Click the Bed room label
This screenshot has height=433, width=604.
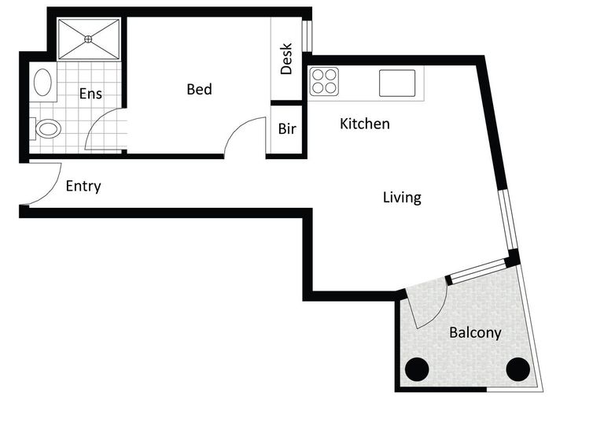[199, 89]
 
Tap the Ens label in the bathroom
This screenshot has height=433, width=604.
[90, 94]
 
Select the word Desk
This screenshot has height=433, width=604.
[286, 58]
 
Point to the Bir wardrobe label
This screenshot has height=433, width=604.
[287, 128]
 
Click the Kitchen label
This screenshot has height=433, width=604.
[365, 124]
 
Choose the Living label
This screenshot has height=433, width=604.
[402, 197]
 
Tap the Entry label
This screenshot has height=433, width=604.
[83, 186]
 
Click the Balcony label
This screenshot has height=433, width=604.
[475, 332]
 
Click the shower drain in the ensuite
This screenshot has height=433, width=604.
[88, 39]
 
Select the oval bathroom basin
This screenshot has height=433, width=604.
[42, 82]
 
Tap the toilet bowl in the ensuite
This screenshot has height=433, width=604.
[48, 128]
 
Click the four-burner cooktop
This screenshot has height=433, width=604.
[324, 81]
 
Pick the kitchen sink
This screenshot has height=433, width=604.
[397, 83]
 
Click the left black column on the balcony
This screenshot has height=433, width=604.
[417, 369]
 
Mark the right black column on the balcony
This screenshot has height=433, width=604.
[517, 369]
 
